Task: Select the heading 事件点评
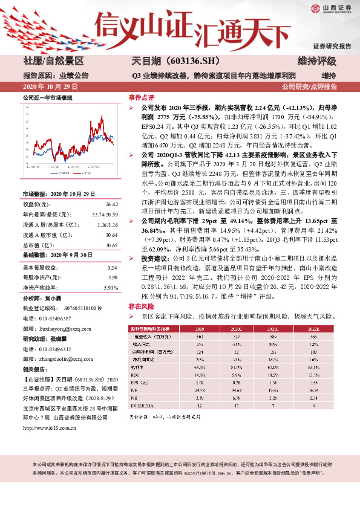140,97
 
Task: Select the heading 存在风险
140,307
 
